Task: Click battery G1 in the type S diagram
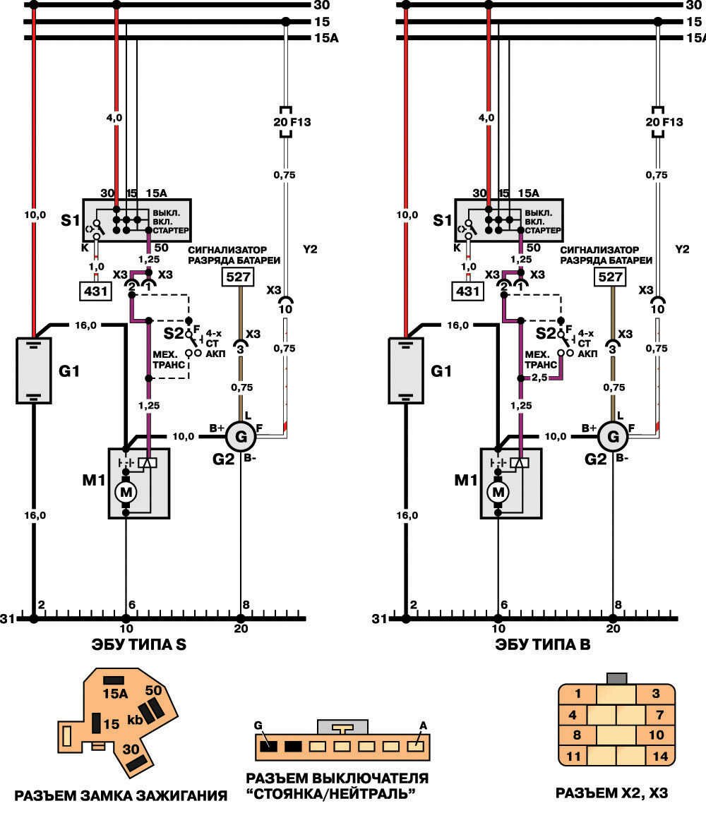pyautogui.click(x=34, y=370)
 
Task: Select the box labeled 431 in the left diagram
pyautogui.click(x=95, y=291)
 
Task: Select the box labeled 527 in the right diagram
pyautogui.click(x=610, y=277)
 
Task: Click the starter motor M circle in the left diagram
pyautogui.click(x=126, y=492)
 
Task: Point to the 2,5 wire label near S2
pyautogui.click(x=540, y=378)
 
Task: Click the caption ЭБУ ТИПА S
pyautogui.click(x=138, y=644)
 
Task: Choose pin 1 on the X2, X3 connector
pyautogui.click(x=578, y=693)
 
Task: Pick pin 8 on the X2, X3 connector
pyautogui.click(x=577, y=735)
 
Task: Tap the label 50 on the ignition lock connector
pyautogui.click(x=153, y=690)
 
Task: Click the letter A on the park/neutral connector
pyautogui.click(x=422, y=725)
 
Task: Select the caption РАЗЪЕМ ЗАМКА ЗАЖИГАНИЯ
pyautogui.click(x=121, y=795)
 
